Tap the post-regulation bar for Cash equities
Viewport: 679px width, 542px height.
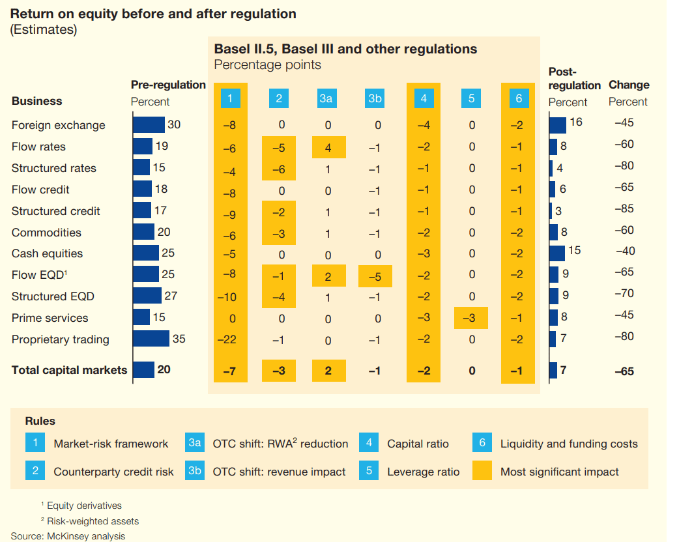point(556,253)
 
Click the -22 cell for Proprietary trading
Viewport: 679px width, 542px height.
point(230,340)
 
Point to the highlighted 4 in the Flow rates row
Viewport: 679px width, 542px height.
point(328,147)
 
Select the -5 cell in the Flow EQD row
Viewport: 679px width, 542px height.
point(375,276)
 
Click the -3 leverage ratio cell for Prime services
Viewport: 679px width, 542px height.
point(472,319)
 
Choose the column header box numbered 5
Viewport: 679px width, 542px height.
point(472,98)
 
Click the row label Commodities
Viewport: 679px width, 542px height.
point(46,233)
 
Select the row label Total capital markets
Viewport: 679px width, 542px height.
point(69,370)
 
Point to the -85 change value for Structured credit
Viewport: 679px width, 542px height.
point(624,209)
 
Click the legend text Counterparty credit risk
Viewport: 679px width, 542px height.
point(113,472)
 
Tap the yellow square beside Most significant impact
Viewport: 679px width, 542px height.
point(482,471)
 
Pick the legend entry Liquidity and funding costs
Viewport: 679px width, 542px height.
point(569,444)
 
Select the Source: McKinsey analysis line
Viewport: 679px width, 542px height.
point(68,536)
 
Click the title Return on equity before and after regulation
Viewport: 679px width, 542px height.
point(153,14)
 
